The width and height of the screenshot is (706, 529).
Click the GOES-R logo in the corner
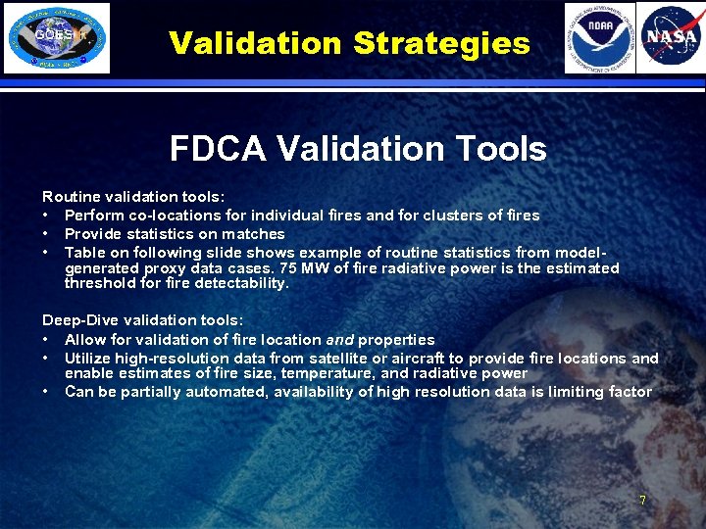click(56, 38)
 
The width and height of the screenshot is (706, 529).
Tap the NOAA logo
click(599, 38)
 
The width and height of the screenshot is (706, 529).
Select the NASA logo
click(671, 38)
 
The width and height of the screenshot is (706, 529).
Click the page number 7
click(642, 500)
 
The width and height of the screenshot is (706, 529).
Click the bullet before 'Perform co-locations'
click(46, 216)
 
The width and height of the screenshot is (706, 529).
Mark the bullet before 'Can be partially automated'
click(46, 392)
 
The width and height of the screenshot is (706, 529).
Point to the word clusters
click(452, 216)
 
